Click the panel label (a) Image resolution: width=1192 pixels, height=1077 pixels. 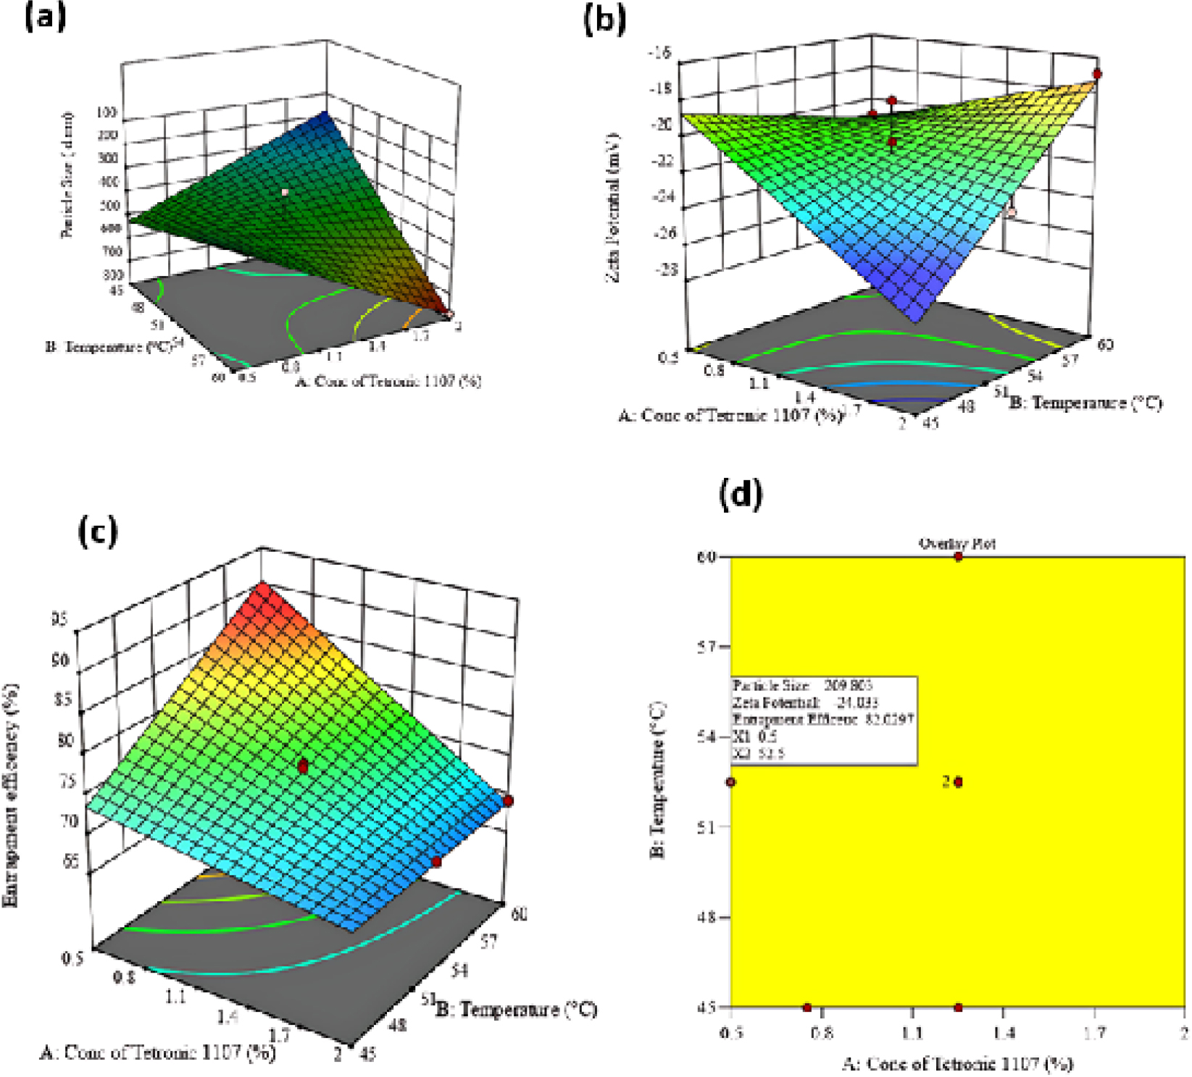(x=44, y=16)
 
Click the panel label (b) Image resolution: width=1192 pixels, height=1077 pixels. (x=604, y=20)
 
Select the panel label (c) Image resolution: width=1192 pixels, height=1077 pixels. (x=97, y=532)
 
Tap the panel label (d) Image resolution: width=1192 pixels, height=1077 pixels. (x=741, y=495)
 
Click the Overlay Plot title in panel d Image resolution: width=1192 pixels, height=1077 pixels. (x=956, y=543)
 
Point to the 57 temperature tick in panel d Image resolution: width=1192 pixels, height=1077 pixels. (x=707, y=647)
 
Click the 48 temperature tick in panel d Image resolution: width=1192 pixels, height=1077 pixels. (x=707, y=917)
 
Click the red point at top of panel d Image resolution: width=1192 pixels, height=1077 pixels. (x=958, y=556)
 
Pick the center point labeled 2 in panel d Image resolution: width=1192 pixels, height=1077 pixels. (x=958, y=782)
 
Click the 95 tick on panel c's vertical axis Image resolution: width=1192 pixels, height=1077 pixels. (x=59, y=619)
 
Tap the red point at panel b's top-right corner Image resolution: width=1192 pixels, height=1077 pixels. (x=1097, y=74)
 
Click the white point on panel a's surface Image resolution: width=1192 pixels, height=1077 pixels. (x=285, y=193)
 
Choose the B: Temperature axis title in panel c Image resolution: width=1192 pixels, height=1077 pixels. (x=516, y=1009)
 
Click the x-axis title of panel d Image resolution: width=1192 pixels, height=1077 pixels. (x=956, y=1063)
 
